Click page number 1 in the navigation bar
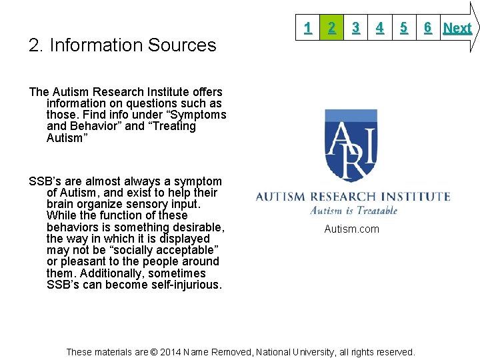click(307, 27)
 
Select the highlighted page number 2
click(331, 27)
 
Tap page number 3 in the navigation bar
click(356, 27)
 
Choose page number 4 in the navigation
click(379, 27)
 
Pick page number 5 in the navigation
click(404, 27)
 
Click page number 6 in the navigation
click(427, 27)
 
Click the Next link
click(457, 28)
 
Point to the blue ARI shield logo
click(351, 145)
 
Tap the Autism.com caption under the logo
click(351, 229)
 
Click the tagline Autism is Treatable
click(353, 211)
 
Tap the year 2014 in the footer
click(169, 352)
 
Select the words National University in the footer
click(302, 352)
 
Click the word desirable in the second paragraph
click(198, 227)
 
